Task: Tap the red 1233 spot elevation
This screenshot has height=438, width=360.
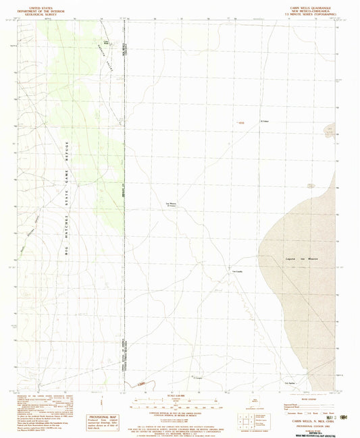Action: [238, 122]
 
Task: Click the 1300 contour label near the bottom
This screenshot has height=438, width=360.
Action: [139, 384]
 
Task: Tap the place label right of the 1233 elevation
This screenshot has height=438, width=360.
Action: [265, 122]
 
